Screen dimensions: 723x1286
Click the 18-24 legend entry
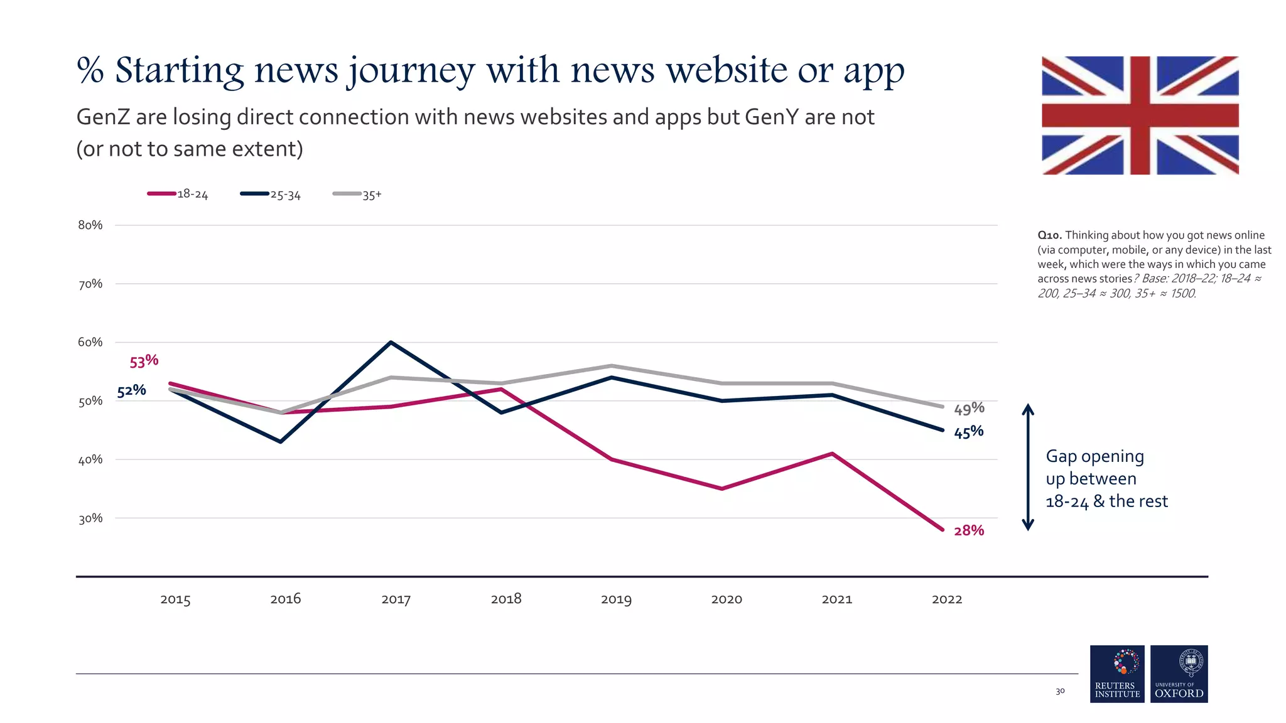pos(178,194)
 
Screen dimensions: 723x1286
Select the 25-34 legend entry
pos(271,195)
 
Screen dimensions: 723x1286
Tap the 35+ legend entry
pos(358,195)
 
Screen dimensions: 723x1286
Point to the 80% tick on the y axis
pos(90,225)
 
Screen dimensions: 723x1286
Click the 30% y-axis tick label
pos(90,518)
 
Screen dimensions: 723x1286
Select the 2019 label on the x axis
pos(616,599)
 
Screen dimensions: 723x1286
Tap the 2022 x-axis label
pos(947,599)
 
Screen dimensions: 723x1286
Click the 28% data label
pos(969,530)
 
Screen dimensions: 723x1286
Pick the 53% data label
pos(144,361)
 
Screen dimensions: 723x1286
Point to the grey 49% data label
pos(969,409)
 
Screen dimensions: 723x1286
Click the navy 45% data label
pos(969,432)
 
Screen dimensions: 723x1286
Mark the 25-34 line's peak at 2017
pos(391,342)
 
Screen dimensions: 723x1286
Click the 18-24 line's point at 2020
pos(722,488)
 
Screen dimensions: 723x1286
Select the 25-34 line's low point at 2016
pos(281,442)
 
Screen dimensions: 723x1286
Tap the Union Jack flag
pos(1140,115)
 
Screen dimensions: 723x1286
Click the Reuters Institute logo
pos(1117,673)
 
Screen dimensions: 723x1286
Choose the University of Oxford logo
pos(1179,673)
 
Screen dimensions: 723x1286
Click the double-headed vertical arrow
pos(1028,467)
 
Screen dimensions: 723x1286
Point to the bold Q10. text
pos(1049,235)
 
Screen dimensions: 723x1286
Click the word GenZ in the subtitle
pos(102,117)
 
